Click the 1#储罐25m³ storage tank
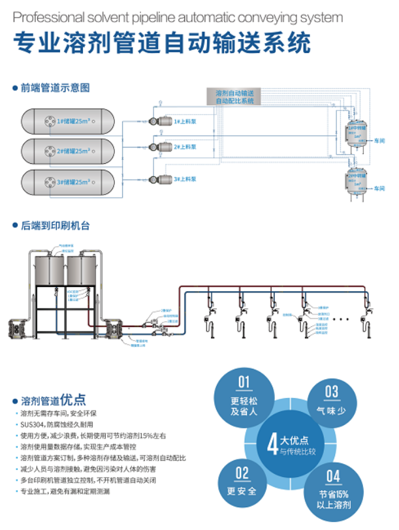point(68,121)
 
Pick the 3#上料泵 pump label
point(186,178)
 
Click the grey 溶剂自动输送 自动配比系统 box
point(234,96)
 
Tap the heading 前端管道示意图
point(54,87)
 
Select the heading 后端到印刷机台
point(55,226)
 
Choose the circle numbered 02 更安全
point(242,482)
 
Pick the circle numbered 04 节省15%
point(333,488)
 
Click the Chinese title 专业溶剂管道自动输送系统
point(162,43)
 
